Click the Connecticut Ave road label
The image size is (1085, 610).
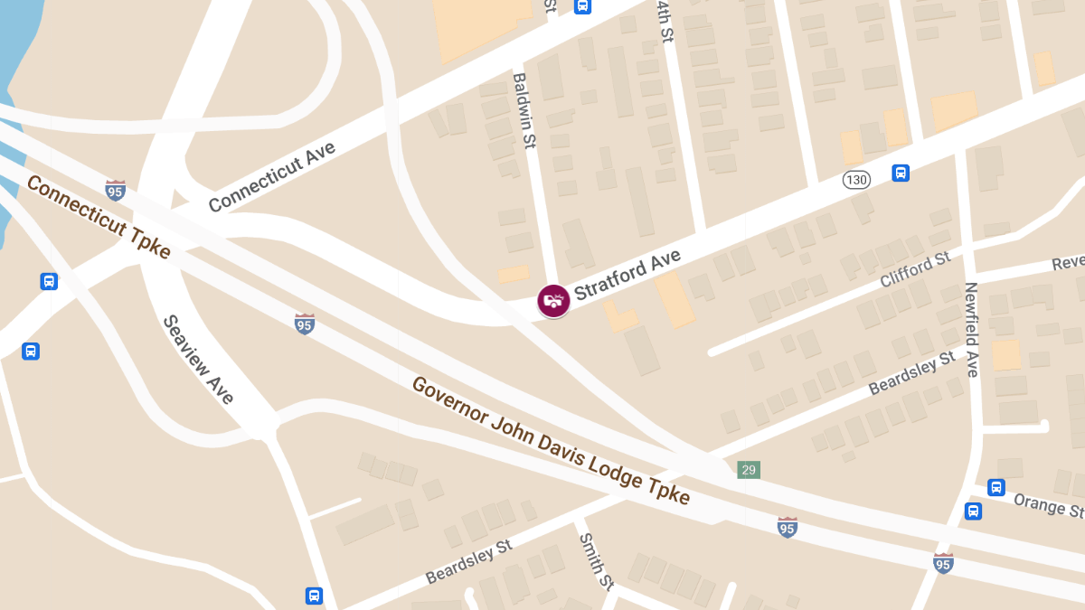(x=272, y=177)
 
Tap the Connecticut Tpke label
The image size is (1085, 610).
(x=98, y=217)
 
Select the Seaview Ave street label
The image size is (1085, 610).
(x=198, y=359)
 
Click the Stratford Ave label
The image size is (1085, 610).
(x=627, y=276)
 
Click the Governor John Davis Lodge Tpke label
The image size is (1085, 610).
(x=551, y=440)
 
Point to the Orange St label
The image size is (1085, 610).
(x=1048, y=505)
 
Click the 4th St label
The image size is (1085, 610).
(x=665, y=20)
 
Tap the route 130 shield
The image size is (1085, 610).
(x=856, y=180)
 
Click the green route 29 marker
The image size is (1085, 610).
(x=748, y=470)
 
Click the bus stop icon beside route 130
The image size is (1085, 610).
(x=901, y=173)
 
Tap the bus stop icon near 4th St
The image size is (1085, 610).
(x=583, y=6)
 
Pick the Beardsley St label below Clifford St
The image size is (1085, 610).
(x=911, y=373)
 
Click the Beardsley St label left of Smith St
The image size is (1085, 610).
(x=468, y=561)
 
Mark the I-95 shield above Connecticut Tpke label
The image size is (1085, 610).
(x=115, y=190)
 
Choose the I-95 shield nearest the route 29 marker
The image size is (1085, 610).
(x=787, y=527)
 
